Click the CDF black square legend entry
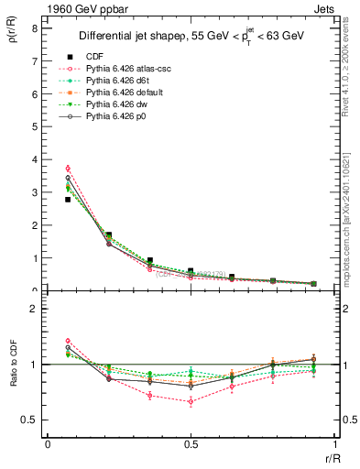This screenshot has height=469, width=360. (93, 57)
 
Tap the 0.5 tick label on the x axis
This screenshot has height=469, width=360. (191, 444)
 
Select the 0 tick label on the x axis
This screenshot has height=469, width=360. (48, 444)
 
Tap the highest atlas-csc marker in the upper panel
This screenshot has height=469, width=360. (68, 169)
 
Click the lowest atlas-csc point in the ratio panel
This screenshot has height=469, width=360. (191, 401)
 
